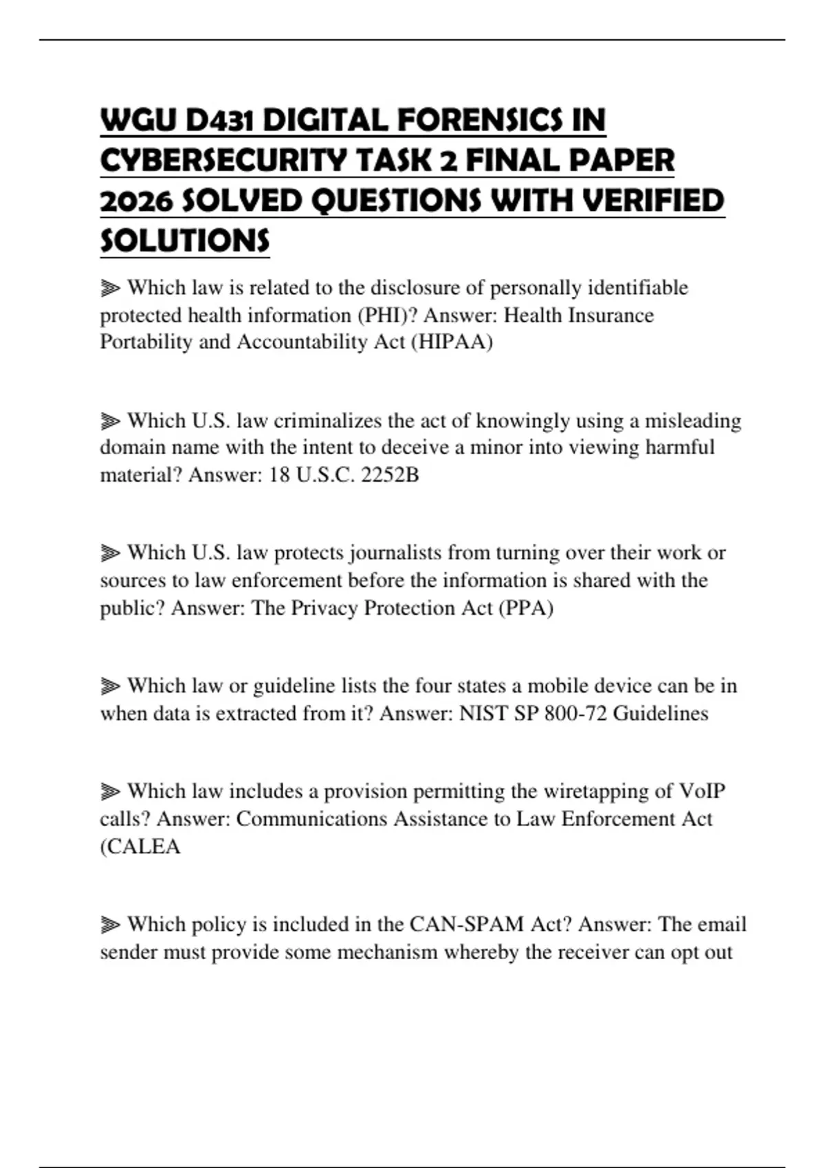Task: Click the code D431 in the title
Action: point(219,121)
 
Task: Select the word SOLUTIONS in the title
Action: point(185,241)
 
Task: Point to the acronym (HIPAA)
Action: point(452,342)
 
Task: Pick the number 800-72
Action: point(575,713)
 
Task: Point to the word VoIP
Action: point(702,791)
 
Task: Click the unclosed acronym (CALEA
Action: point(140,846)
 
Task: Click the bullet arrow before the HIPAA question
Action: point(110,288)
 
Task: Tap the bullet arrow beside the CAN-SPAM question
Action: point(110,925)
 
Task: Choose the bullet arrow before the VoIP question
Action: point(110,792)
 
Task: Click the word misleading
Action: point(692,420)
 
